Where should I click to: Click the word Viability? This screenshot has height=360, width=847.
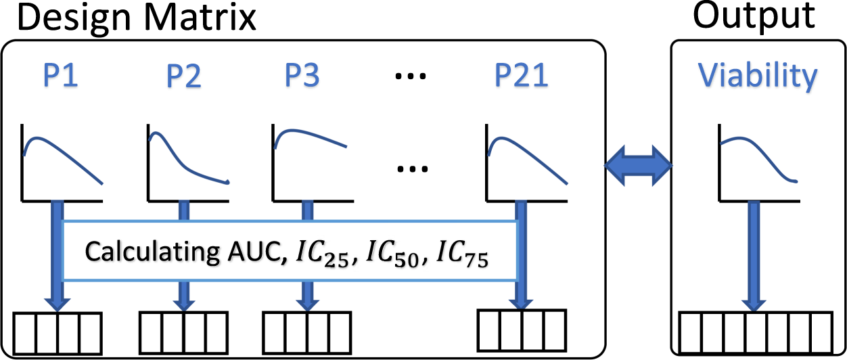pyautogui.click(x=758, y=76)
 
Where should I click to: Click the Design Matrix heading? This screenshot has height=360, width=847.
pyautogui.click(x=129, y=18)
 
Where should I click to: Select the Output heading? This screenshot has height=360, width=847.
pyautogui.click(x=755, y=17)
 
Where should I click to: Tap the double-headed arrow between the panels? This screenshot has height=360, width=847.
pyautogui.click(x=637, y=164)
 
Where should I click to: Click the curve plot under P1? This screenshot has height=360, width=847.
pyautogui.click(x=62, y=162)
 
